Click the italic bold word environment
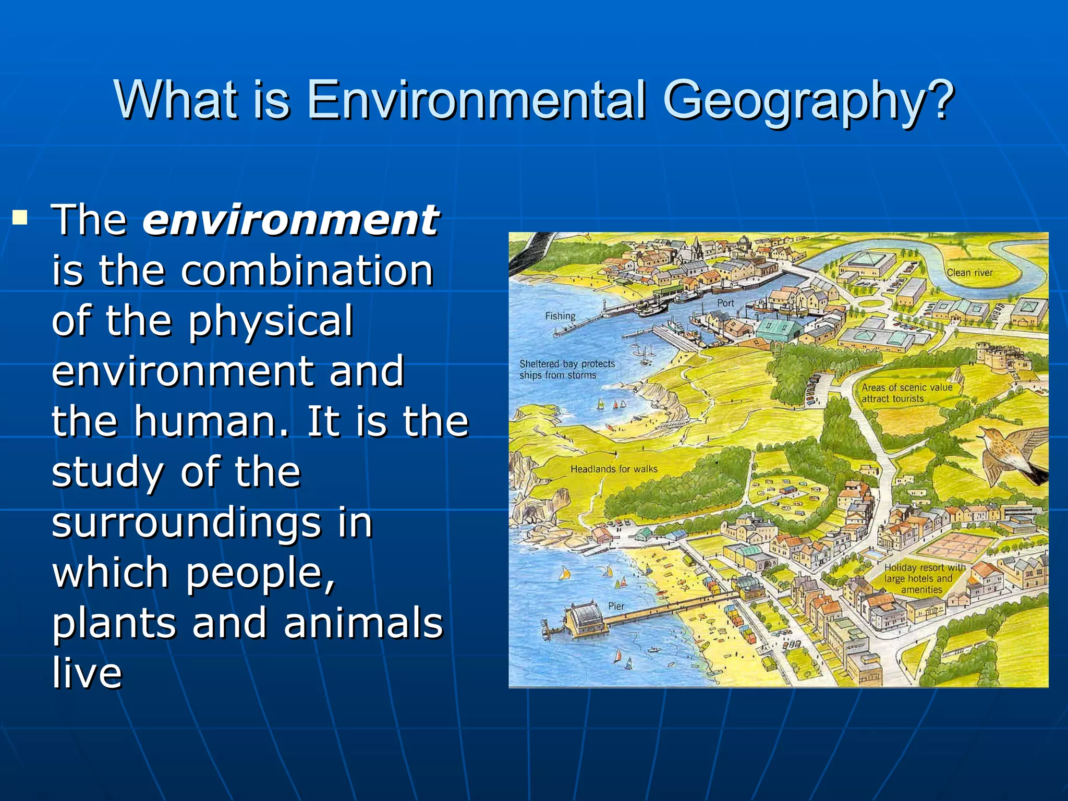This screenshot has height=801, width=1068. (x=290, y=220)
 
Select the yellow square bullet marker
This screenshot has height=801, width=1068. (x=20, y=216)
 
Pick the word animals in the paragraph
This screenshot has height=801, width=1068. (x=363, y=623)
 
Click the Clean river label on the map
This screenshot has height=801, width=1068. (x=969, y=273)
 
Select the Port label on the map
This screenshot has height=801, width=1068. (x=725, y=303)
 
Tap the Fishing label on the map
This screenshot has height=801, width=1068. (x=560, y=316)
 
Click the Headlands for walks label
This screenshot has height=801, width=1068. (x=614, y=469)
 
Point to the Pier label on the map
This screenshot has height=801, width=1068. (x=616, y=606)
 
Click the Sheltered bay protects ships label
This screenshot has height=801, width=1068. (x=567, y=369)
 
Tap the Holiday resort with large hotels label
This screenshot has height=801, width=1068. (x=924, y=578)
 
